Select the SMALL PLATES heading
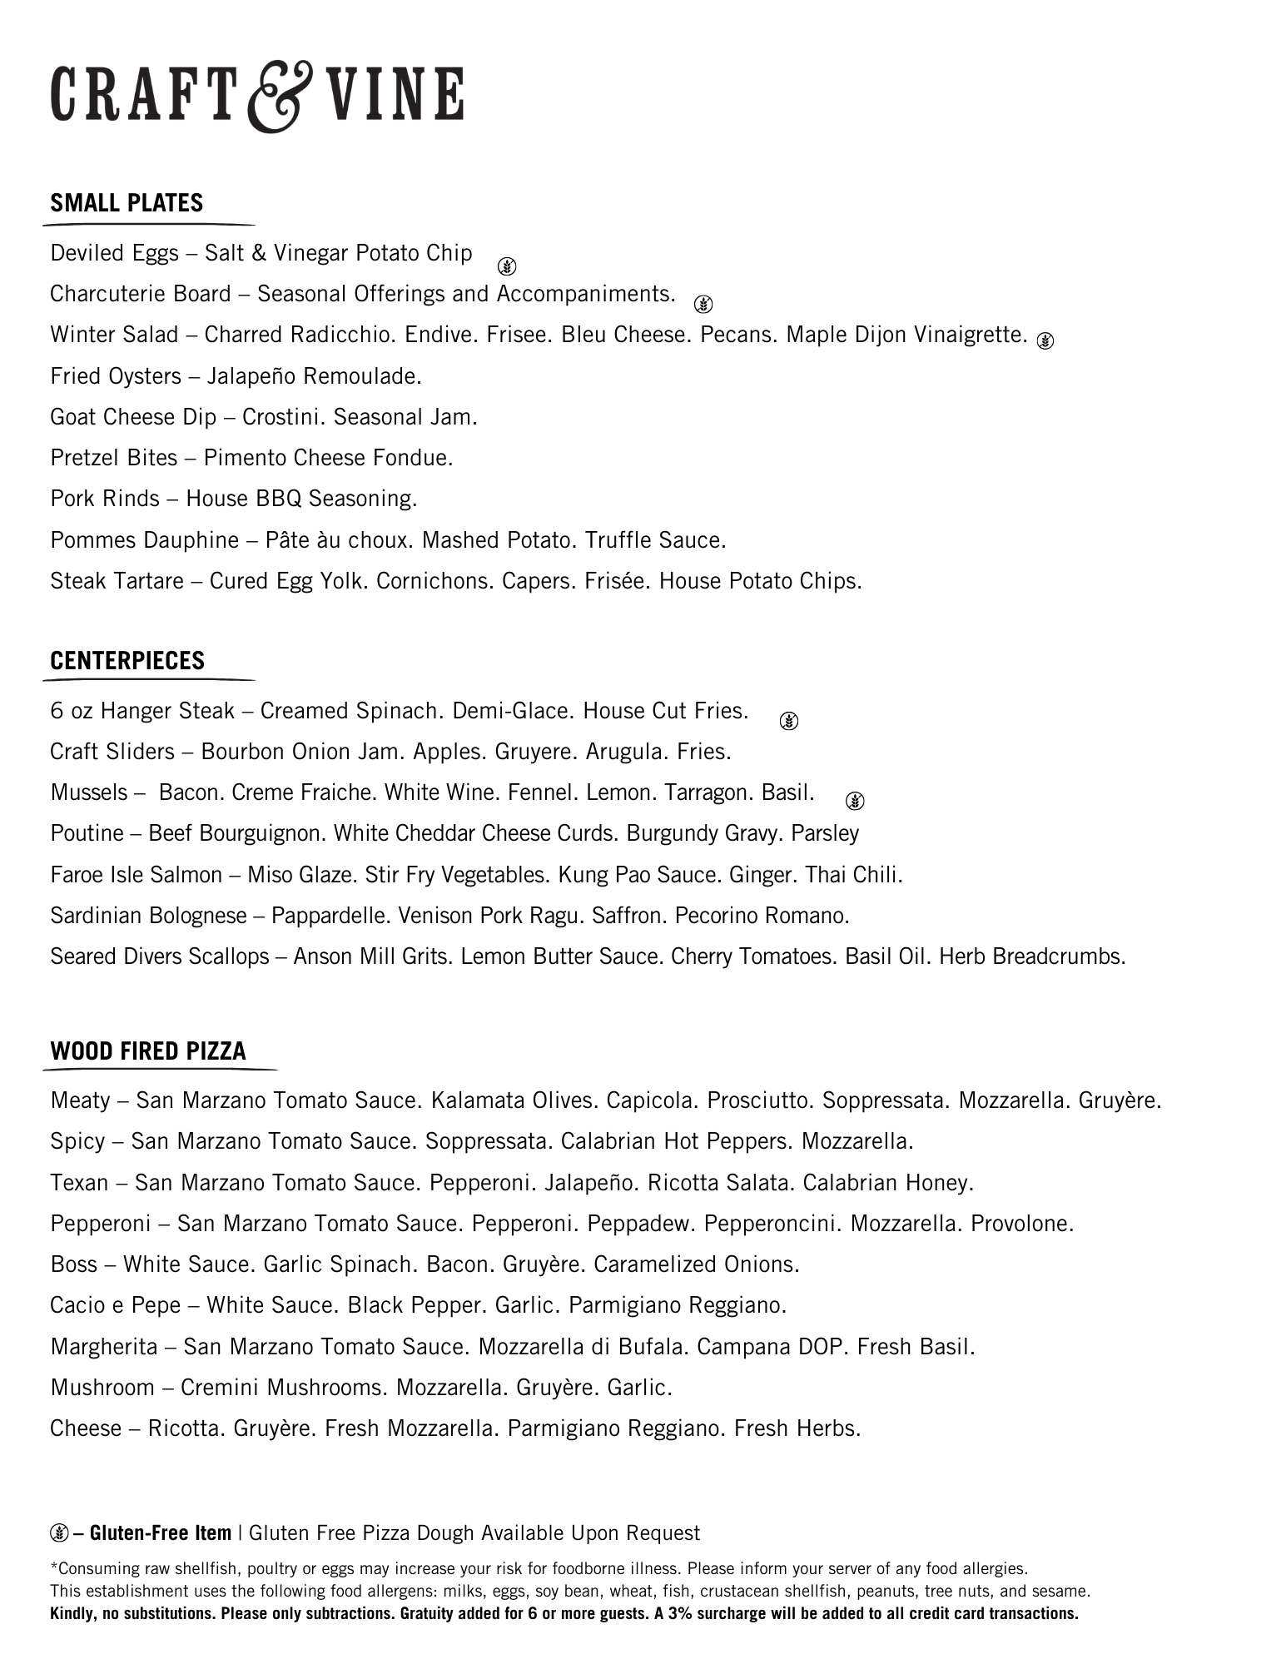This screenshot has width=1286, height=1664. tap(127, 203)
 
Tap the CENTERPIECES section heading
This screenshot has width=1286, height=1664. tap(127, 661)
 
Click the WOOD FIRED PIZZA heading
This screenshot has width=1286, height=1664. tap(148, 1051)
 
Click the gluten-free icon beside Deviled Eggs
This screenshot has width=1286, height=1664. tap(507, 266)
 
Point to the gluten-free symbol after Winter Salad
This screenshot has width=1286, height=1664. tap(1045, 340)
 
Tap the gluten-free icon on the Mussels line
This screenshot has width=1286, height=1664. tap(855, 801)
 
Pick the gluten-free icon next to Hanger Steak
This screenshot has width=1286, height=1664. tap(789, 721)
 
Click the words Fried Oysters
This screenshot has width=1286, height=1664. tap(115, 376)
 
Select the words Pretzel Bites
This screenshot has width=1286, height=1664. tap(114, 458)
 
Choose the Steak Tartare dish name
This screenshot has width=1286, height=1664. tap(117, 581)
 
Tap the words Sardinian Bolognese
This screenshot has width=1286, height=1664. tap(148, 916)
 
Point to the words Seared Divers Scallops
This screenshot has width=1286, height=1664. tap(159, 956)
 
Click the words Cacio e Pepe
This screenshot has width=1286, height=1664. tap(115, 1305)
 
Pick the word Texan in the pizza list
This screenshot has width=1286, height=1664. tap(79, 1183)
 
